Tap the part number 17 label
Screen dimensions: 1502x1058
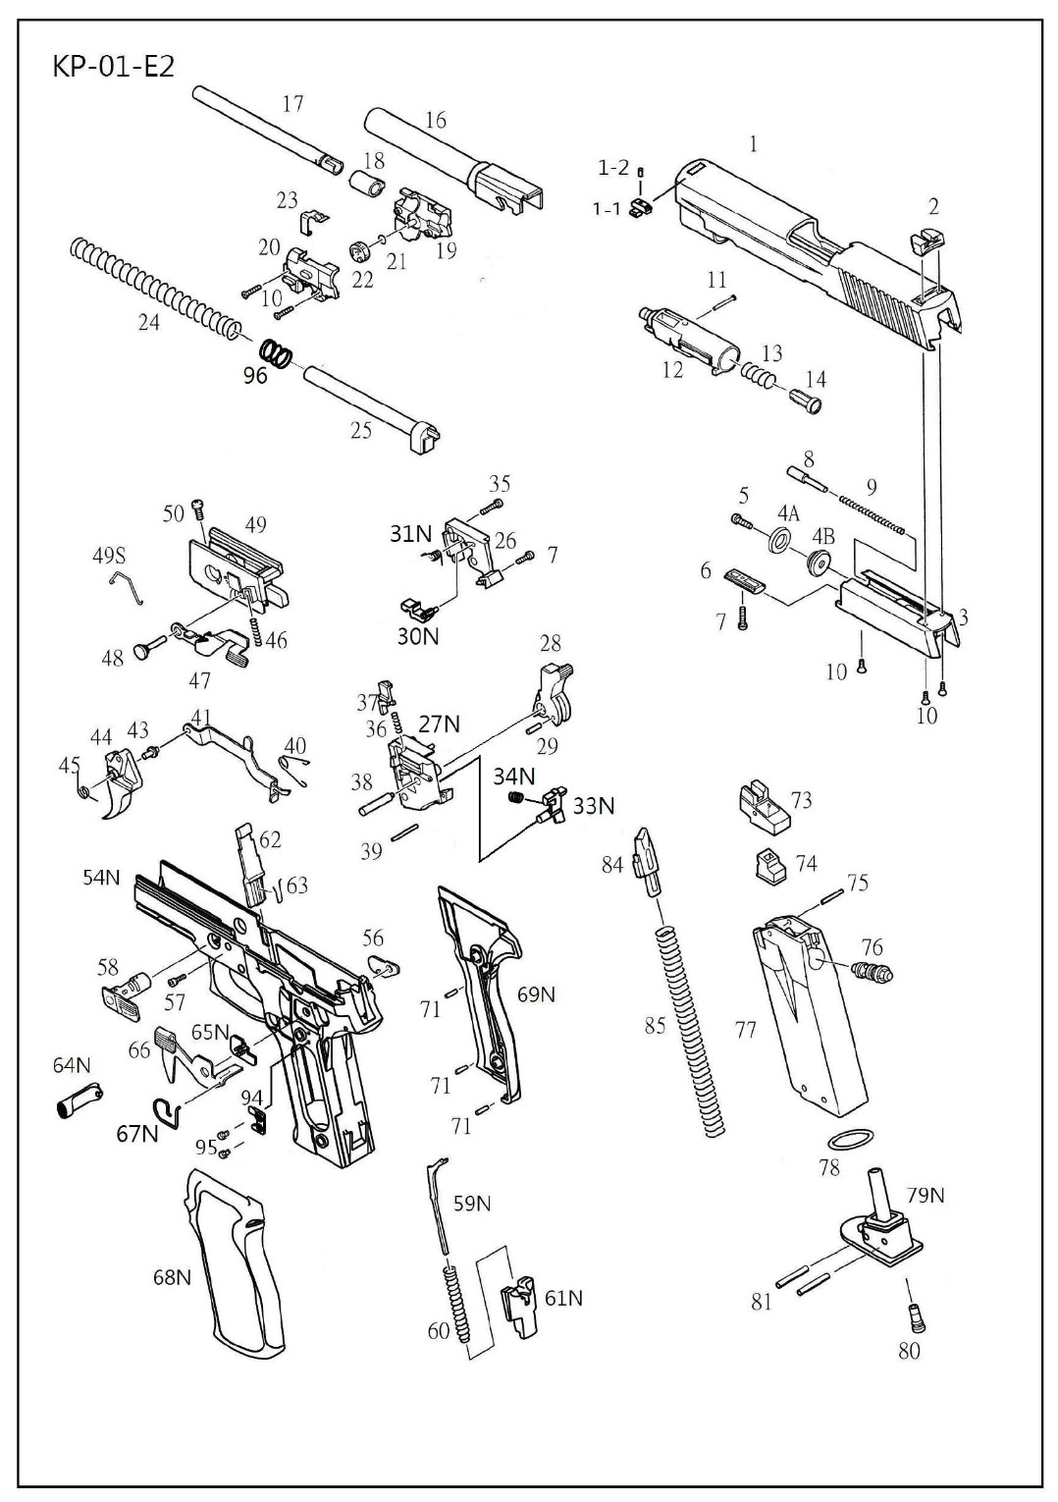292,103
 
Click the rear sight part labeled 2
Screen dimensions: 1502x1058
926,239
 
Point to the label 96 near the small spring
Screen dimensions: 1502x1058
255,375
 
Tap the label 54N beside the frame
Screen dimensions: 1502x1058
101,877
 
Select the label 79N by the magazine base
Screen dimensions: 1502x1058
926,1195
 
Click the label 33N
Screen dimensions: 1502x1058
593,806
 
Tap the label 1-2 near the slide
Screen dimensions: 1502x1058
612,168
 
